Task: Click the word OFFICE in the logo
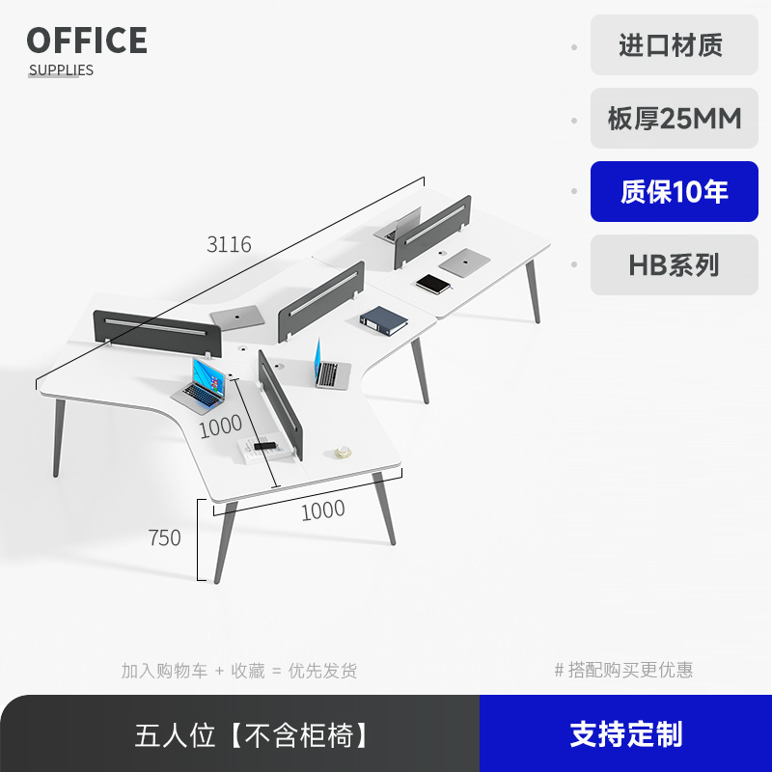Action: (x=87, y=41)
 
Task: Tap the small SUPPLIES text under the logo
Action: (x=61, y=69)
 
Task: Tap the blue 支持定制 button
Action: (x=625, y=733)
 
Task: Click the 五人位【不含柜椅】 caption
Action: (x=253, y=735)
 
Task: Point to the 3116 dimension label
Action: (x=229, y=245)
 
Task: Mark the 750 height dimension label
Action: (x=165, y=538)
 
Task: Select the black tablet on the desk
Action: (x=434, y=284)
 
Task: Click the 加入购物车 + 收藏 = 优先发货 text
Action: (x=238, y=670)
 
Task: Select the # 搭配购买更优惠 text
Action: (x=623, y=670)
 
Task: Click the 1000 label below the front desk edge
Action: (x=322, y=510)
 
